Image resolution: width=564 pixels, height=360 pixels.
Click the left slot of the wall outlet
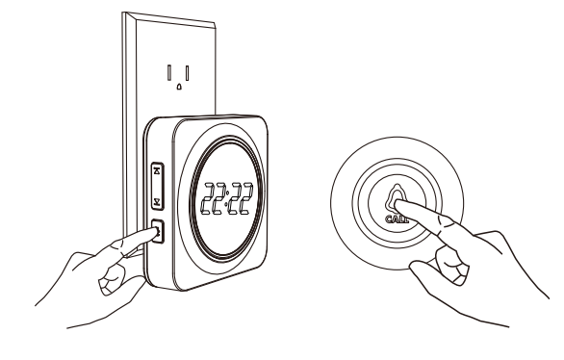click(169, 70)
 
